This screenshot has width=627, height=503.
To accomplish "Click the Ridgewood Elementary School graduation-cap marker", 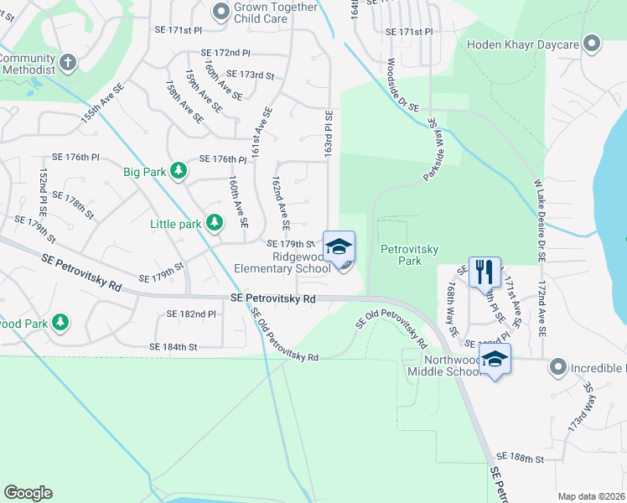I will coord(339,247).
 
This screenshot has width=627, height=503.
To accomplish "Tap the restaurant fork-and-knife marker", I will coord(484,272).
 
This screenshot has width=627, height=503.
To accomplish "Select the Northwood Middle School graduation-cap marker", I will coord(495,359).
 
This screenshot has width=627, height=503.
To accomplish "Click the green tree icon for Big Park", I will coord(178,172).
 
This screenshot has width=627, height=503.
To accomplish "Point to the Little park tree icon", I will coord(215,223).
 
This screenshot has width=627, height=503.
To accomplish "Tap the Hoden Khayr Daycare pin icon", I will coord(593,44).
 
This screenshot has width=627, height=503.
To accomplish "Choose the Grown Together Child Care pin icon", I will coord(221,12).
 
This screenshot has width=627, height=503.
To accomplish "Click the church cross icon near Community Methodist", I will coord(68,62).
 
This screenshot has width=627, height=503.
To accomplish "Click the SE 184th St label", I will coord(173,346).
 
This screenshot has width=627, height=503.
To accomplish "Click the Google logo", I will coord(28,493).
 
